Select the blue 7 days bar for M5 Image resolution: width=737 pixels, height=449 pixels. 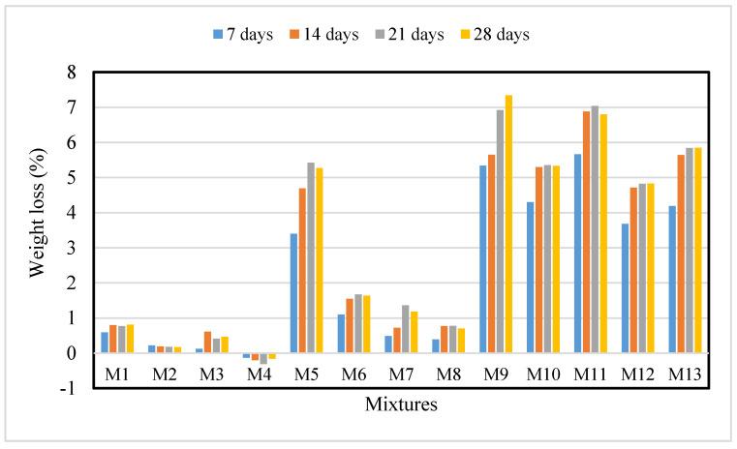click(x=293, y=293)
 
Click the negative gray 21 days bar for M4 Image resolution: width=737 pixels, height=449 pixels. click(x=263, y=358)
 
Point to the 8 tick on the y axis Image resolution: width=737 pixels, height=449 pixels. click(x=70, y=73)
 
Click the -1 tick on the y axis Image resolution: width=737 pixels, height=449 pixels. click(x=67, y=389)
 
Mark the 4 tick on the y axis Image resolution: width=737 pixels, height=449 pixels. click(x=70, y=213)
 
